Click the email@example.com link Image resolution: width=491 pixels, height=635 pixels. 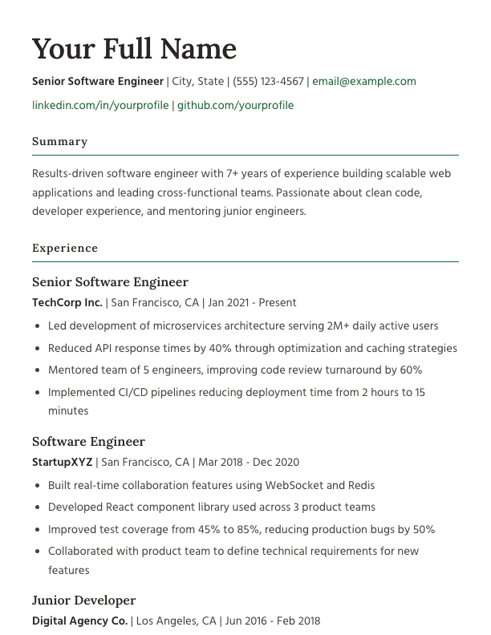point(364,81)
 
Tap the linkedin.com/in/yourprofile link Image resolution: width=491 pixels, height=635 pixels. point(100,105)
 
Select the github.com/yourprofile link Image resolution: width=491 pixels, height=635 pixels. point(235,105)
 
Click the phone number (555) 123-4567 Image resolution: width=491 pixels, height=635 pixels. point(268,81)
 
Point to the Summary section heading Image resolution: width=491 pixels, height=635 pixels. point(59,141)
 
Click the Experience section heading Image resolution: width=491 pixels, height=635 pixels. point(65,248)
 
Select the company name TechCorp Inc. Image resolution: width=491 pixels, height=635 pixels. point(67,302)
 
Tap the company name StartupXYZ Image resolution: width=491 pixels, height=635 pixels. point(63,462)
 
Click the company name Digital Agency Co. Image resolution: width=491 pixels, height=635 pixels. point(79,621)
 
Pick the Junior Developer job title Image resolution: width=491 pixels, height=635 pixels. point(84,601)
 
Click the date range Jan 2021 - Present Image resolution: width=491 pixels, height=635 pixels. point(252,302)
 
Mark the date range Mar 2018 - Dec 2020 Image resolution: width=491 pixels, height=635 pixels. point(249,462)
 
